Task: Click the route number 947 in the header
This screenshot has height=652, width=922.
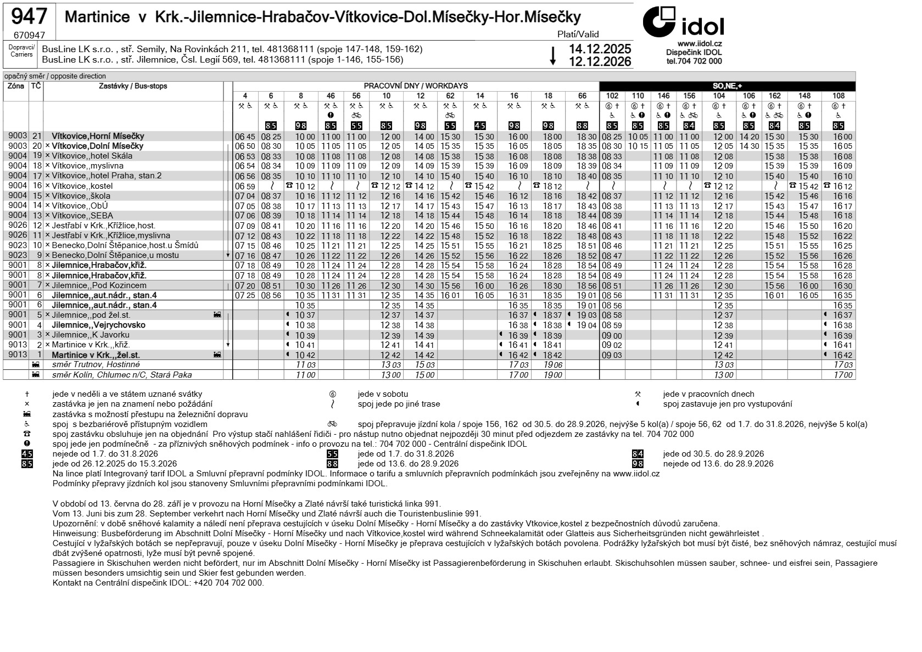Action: tap(29, 17)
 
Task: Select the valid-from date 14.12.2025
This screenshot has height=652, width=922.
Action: tap(600, 49)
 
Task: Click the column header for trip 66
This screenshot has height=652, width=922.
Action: tap(582, 96)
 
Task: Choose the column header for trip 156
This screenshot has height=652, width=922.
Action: tap(689, 96)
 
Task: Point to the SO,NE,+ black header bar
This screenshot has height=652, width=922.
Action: tap(727, 86)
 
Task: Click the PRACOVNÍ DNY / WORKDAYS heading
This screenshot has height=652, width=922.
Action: tap(416, 86)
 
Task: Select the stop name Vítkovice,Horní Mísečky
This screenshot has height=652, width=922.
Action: tap(98, 136)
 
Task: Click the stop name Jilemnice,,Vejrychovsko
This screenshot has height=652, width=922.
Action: tap(98, 325)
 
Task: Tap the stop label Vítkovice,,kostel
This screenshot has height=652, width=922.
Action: tap(82, 186)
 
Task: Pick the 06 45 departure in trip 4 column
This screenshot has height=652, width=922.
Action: tap(245, 137)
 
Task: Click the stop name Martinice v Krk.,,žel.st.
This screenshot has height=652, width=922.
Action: tap(96, 355)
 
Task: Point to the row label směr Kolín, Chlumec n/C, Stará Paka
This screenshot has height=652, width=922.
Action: tap(122, 375)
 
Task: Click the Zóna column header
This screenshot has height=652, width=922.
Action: tap(15, 86)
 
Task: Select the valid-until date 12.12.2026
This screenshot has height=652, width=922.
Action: tap(600, 61)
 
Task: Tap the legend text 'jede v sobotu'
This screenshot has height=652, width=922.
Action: tap(382, 394)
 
